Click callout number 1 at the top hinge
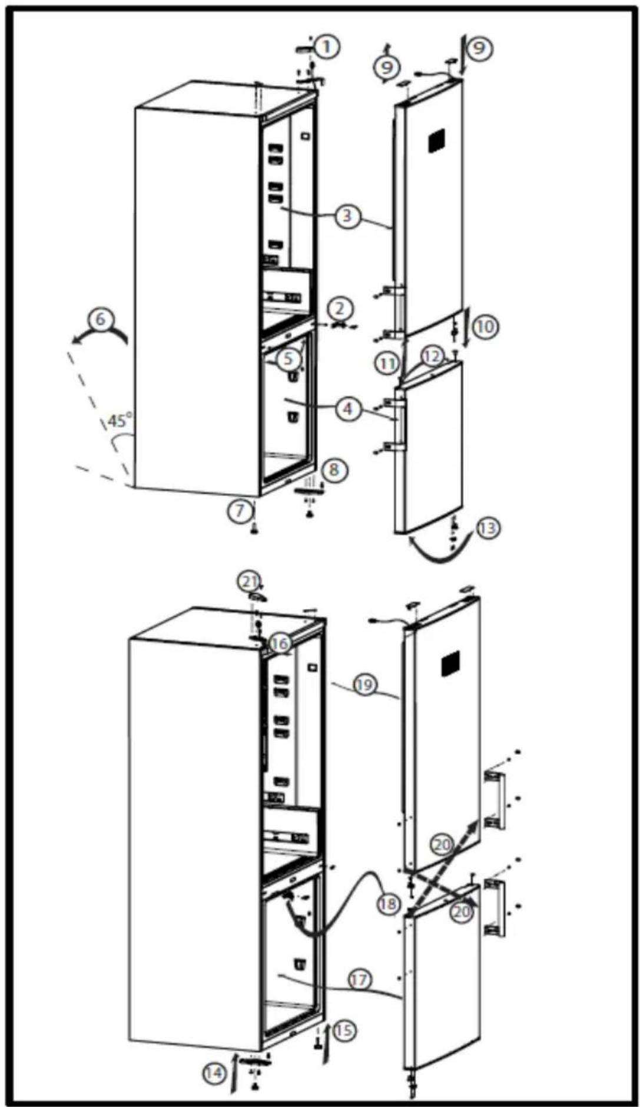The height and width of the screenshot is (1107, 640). pyautogui.click(x=327, y=46)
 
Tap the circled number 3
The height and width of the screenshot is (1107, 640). pyautogui.click(x=347, y=216)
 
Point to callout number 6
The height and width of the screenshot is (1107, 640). pyautogui.click(x=101, y=320)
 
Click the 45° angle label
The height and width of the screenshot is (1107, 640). pyautogui.click(x=120, y=421)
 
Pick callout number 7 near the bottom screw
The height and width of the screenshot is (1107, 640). pyautogui.click(x=240, y=510)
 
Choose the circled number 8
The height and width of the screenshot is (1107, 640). pyautogui.click(x=334, y=470)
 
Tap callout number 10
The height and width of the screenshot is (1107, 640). pyautogui.click(x=485, y=326)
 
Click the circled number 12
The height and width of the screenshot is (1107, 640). pyautogui.click(x=432, y=356)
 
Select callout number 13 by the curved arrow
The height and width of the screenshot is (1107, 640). pyautogui.click(x=488, y=528)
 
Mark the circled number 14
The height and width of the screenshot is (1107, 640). pyautogui.click(x=214, y=1073)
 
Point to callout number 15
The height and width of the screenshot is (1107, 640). pyautogui.click(x=344, y=1030)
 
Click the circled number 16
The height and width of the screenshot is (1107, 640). pyautogui.click(x=280, y=643)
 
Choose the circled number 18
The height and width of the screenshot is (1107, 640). pyautogui.click(x=388, y=903)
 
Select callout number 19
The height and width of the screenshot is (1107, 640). pyautogui.click(x=364, y=685)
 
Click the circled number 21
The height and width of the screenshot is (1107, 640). pyautogui.click(x=250, y=582)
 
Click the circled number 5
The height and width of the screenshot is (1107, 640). pyautogui.click(x=289, y=358)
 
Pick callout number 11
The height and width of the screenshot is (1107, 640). pyautogui.click(x=387, y=364)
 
